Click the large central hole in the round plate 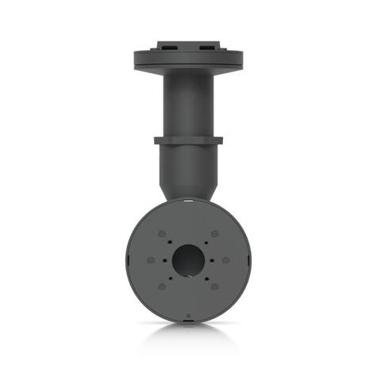coord(189,260)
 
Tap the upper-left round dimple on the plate coord(162,235)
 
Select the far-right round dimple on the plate coord(227,260)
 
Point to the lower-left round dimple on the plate coord(162,286)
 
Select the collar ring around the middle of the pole coord(189,140)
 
